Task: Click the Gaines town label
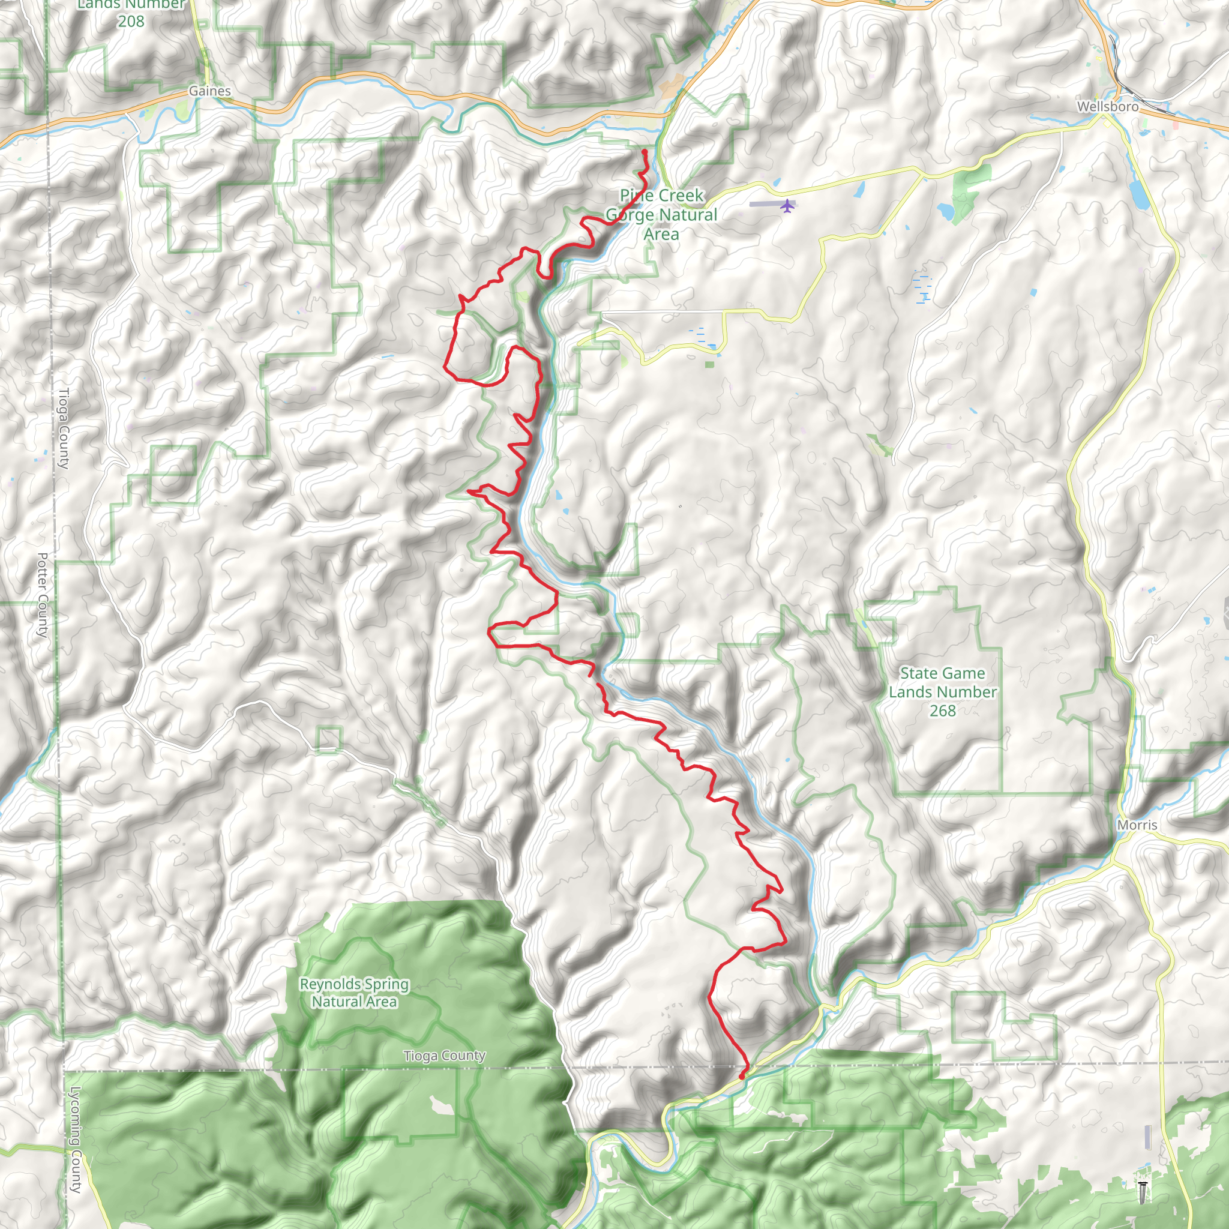[x=209, y=91]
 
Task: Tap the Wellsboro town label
[x=1108, y=106]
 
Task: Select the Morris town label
[x=1137, y=825]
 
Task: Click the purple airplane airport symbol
[x=787, y=205]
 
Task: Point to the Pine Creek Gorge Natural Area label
[x=661, y=214]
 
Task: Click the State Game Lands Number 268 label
[x=942, y=692]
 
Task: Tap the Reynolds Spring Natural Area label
[x=354, y=993]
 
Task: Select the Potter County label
[x=43, y=595]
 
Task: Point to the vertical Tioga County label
[x=64, y=428]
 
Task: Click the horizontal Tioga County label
[x=444, y=1056]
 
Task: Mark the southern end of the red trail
[x=742, y=1077]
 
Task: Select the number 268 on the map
[x=942, y=711]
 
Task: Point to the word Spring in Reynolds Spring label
[x=382, y=984]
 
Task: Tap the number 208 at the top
[x=131, y=21]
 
